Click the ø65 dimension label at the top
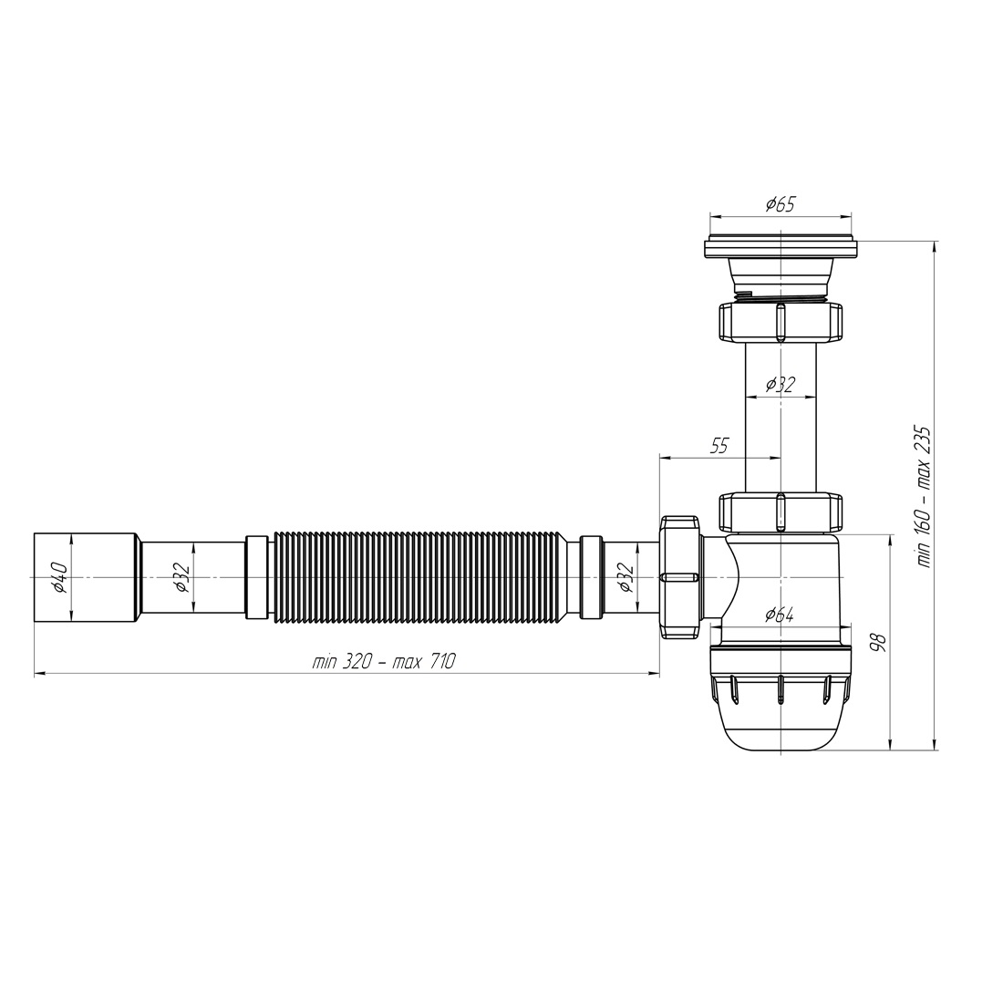tap(780, 204)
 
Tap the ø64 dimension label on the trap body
tap(779, 615)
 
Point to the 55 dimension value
tap(719, 446)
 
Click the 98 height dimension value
tap(880, 642)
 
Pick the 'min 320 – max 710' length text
tap(384, 661)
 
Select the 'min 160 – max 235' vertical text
tap(923, 496)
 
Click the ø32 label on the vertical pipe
tap(781, 385)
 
